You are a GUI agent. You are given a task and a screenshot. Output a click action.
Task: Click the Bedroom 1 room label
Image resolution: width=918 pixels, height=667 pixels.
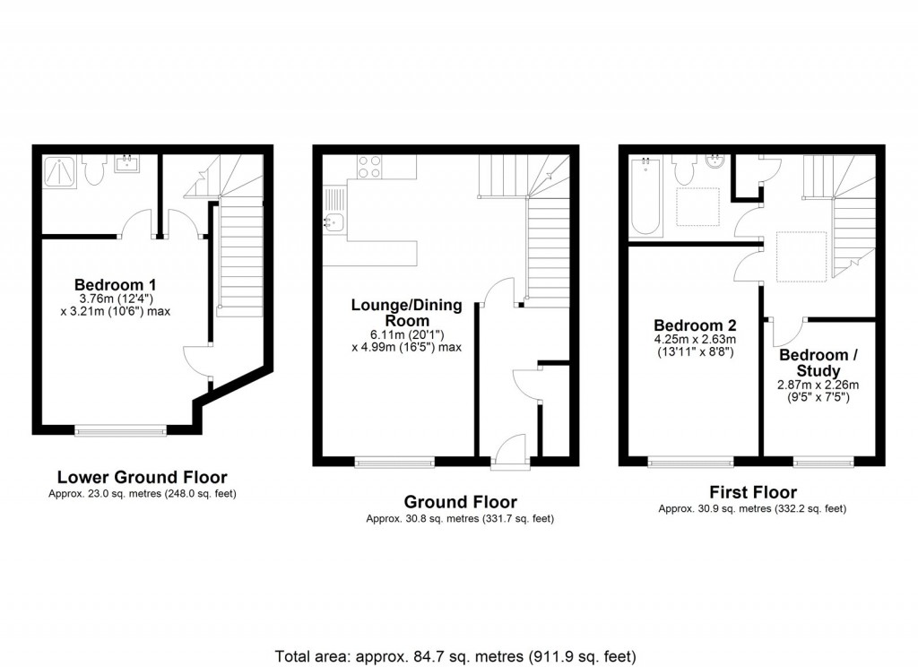pyautogui.click(x=116, y=285)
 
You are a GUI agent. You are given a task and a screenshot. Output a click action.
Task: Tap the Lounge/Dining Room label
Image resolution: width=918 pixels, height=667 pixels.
pyautogui.click(x=407, y=313)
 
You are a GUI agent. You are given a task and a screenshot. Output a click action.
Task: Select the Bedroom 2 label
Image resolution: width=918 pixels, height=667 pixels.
pyautogui.click(x=695, y=325)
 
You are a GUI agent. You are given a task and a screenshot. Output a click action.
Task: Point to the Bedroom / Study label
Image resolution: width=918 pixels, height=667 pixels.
pyautogui.click(x=818, y=363)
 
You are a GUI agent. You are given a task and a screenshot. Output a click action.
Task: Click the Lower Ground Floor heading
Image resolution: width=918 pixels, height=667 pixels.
pyautogui.click(x=143, y=477)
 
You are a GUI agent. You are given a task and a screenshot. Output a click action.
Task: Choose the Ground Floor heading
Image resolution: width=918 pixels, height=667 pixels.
pyautogui.click(x=460, y=502)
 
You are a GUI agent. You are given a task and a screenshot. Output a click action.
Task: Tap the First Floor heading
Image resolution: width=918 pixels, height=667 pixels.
pyautogui.click(x=753, y=492)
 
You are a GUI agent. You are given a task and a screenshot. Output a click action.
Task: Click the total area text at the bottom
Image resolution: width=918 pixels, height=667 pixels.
pyautogui.click(x=455, y=656)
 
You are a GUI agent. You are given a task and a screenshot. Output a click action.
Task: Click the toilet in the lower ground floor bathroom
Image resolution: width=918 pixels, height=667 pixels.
pyautogui.click(x=92, y=169)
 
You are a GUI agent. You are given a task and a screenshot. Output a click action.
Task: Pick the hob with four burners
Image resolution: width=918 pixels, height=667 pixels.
pyautogui.click(x=369, y=167)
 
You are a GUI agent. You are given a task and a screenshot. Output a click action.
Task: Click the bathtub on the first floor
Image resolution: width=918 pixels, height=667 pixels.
pyautogui.click(x=645, y=196)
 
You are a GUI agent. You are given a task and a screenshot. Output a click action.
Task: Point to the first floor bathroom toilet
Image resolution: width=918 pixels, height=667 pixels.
pyautogui.click(x=683, y=169)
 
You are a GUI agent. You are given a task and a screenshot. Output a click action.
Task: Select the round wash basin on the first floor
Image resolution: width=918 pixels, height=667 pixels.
pyautogui.click(x=714, y=161)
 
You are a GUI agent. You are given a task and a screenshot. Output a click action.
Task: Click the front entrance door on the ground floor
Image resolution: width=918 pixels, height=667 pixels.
pyautogui.click(x=510, y=451)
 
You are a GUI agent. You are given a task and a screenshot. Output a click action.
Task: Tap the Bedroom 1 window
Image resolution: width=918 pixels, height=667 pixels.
pyautogui.click(x=121, y=431)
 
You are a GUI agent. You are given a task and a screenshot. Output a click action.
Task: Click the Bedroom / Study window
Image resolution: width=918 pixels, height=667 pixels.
pyautogui.click(x=823, y=462)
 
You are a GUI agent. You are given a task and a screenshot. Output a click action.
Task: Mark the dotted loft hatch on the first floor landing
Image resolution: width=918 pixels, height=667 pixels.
pyautogui.click(x=801, y=256)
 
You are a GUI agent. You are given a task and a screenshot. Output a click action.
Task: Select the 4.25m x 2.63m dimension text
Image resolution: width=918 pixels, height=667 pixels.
pyautogui.click(x=695, y=340)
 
